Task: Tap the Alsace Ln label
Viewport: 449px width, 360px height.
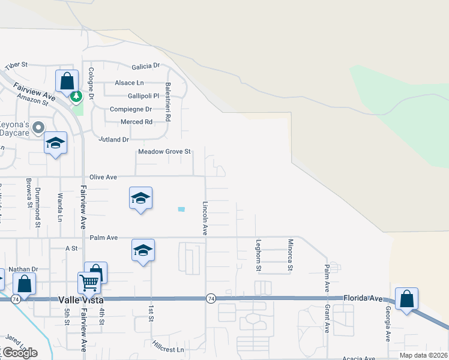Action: click(128, 83)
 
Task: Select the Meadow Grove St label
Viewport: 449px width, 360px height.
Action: click(164, 152)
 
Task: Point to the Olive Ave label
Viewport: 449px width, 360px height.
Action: click(103, 178)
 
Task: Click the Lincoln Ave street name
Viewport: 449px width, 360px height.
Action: click(205, 218)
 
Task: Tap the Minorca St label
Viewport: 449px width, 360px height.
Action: click(291, 255)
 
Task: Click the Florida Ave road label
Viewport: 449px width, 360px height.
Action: click(363, 298)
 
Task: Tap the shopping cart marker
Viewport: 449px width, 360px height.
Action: click(89, 281)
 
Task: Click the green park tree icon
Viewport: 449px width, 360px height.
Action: click(76, 96)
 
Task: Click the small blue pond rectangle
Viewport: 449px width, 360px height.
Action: click(181, 209)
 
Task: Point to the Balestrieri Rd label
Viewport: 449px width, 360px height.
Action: click(169, 102)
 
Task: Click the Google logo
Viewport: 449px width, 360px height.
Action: click(20, 353)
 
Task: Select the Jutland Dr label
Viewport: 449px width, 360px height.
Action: click(114, 139)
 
